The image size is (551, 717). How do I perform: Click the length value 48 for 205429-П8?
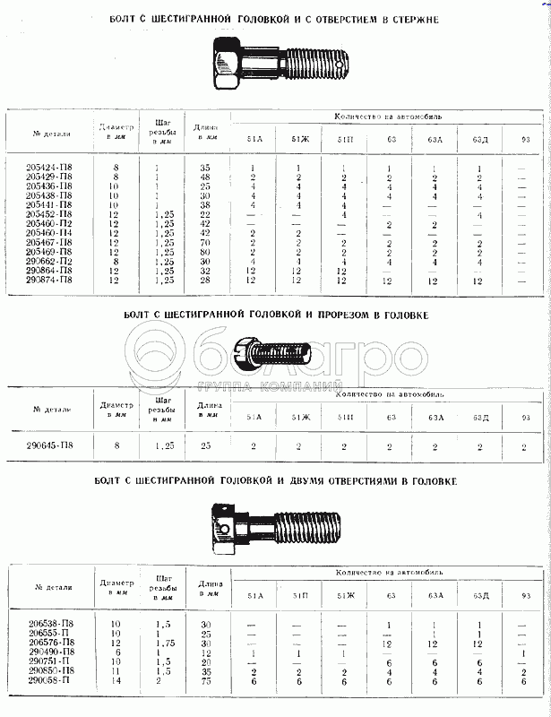pyautogui.click(x=206, y=177)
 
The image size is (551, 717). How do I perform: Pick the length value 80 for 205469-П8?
pyautogui.click(x=206, y=252)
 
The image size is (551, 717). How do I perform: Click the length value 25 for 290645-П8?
pyautogui.click(x=206, y=445)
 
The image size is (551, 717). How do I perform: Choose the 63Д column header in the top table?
pyautogui.click(x=482, y=140)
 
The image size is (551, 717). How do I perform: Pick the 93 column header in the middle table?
pyautogui.click(x=526, y=417)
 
